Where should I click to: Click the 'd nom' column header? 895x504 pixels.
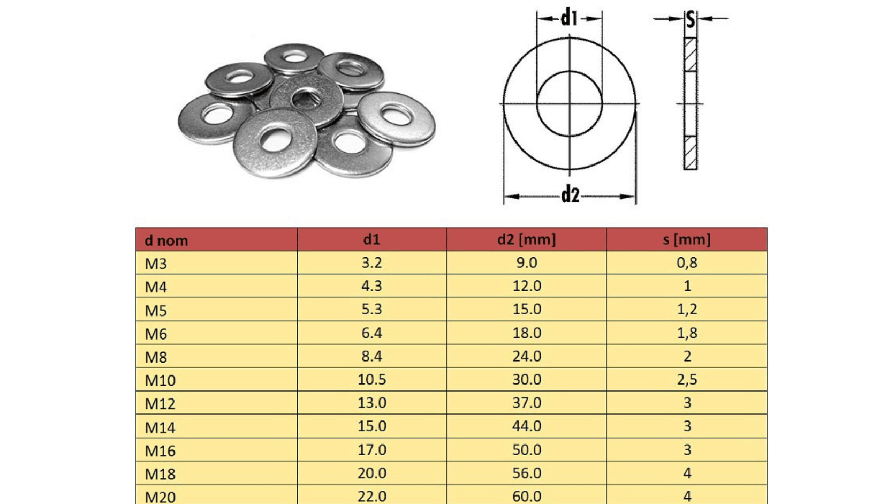(x=166, y=240)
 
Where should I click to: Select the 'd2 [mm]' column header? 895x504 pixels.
(x=527, y=239)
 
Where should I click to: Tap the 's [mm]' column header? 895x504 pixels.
(x=687, y=239)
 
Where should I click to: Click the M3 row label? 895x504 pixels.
(x=156, y=264)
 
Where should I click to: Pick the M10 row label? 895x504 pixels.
(x=160, y=380)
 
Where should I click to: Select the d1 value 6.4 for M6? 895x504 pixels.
(x=371, y=333)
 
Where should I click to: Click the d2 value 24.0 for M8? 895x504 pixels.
(x=527, y=356)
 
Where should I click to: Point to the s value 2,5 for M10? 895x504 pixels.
(x=687, y=380)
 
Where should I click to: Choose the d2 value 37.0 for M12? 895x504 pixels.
(x=527, y=403)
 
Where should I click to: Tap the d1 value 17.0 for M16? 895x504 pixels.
(x=371, y=450)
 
